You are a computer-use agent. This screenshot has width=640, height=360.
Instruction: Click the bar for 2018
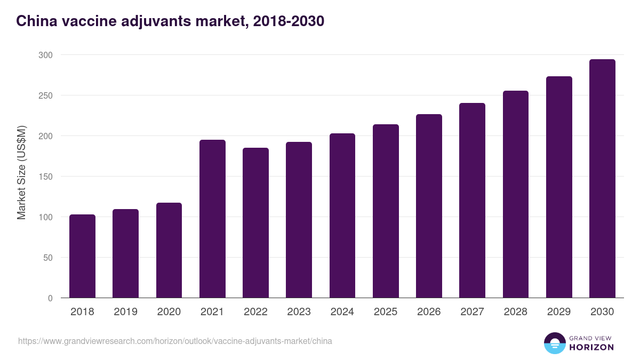(x=82, y=257)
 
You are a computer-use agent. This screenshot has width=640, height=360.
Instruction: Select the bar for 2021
(x=212, y=219)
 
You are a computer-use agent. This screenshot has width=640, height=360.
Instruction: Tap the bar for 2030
(x=602, y=179)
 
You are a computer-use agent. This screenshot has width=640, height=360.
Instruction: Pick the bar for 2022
(x=255, y=223)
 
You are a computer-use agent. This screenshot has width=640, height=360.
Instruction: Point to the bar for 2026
(x=429, y=206)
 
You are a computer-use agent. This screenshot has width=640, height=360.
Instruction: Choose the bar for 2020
(x=169, y=250)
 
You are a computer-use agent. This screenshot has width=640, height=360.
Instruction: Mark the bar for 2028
(x=516, y=195)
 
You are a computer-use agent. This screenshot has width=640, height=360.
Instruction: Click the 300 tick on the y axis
(x=45, y=55)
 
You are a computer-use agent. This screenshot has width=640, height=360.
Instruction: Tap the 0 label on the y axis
(x=50, y=298)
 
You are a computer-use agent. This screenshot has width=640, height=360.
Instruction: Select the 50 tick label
(x=47, y=258)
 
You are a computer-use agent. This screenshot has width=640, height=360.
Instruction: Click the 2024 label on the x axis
(x=342, y=312)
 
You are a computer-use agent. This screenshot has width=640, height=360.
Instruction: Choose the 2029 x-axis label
(x=559, y=312)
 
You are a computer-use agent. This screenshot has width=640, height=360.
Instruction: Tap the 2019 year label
(x=125, y=312)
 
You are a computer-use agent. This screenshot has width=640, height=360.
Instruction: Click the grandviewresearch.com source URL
(x=175, y=341)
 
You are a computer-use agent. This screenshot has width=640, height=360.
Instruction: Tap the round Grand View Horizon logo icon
(x=554, y=343)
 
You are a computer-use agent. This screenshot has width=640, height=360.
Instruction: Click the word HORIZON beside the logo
(x=591, y=347)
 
